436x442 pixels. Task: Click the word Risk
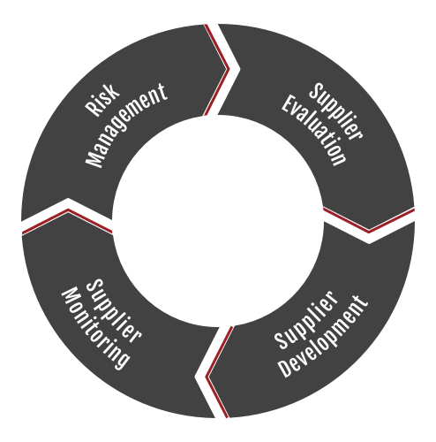coord(102,100)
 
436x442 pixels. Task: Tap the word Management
coord(126,126)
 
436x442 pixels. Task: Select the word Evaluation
coord(314,130)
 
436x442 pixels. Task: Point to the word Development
coord(324,336)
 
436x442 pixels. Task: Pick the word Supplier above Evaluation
coord(335,111)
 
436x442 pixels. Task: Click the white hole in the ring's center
coord(218,220)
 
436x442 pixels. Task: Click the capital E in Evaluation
coord(288,104)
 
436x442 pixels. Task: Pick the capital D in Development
coord(286,370)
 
